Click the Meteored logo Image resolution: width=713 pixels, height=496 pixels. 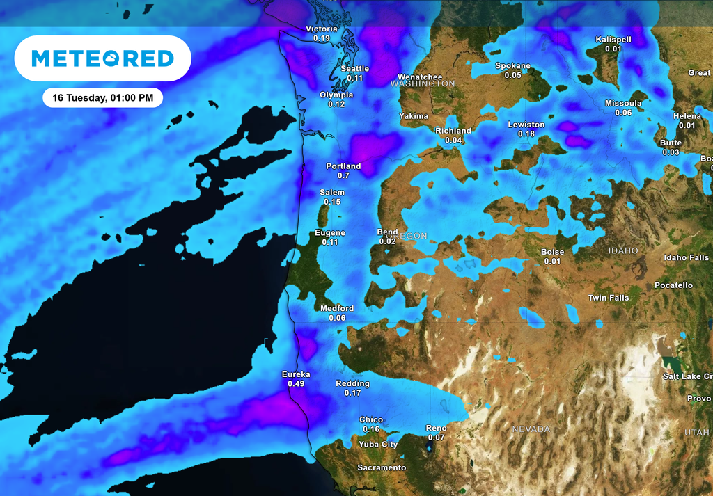102,58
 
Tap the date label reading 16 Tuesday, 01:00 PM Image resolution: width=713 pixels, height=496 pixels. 102,98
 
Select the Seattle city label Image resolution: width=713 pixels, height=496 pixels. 355,69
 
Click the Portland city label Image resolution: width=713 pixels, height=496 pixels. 343,166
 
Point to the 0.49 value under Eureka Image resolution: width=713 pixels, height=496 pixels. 297,384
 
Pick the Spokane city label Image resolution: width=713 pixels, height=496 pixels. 512,66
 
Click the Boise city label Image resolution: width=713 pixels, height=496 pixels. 553,252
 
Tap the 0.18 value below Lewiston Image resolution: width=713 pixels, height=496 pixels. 526,134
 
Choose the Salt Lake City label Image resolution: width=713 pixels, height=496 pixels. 687,376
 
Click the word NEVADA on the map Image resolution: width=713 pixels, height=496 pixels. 531,429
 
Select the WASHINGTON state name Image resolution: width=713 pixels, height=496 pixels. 423,83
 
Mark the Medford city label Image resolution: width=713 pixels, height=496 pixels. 337,308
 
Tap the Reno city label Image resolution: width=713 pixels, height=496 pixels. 436,429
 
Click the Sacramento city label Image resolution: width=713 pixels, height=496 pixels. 382,467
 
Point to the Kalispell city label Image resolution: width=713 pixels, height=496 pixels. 613,40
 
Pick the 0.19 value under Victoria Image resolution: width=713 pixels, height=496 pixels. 322,38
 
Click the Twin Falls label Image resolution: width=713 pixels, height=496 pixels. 609,298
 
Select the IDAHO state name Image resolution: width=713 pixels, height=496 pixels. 622,250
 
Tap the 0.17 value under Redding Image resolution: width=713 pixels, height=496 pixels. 353,393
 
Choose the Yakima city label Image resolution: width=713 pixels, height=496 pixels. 414,116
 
